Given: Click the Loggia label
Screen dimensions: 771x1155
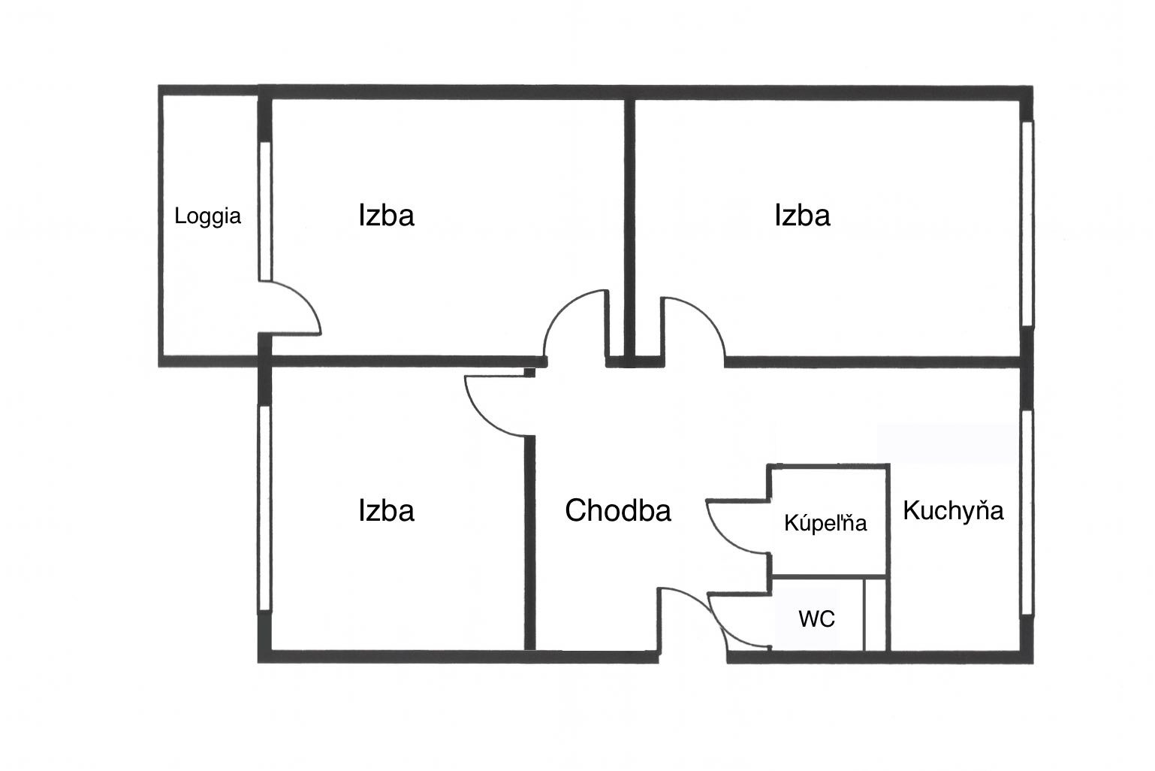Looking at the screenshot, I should pyautogui.click(x=207, y=217).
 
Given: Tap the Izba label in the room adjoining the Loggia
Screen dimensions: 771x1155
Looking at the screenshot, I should pyautogui.click(x=386, y=216).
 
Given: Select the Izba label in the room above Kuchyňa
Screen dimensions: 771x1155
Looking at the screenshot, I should pyautogui.click(x=802, y=216).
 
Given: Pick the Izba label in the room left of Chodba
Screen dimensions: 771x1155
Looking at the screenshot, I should pyautogui.click(x=386, y=511).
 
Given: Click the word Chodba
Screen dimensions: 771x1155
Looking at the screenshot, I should pyautogui.click(x=617, y=511).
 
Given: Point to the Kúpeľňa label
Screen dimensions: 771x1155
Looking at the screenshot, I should pyautogui.click(x=825, y=523).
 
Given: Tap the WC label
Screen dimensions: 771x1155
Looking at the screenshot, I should pyautogui.click(x=816, y=619).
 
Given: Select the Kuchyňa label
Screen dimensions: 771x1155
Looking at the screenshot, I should pyautogui.click(x=953, y=511).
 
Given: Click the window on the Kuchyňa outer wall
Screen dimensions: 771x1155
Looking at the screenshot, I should pyautogui.click(x=1027, y=512).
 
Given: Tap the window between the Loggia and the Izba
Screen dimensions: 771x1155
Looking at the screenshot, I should pyautogui.click(x=264, y=211).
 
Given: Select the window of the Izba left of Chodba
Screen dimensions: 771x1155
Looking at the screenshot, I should pyautogui.click(x=264, y=508).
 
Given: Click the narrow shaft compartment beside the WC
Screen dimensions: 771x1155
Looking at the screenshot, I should pyautogui.click(x=876, y=615).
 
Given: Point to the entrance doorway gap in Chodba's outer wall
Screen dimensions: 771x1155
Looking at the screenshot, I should pyautogui.click(x=692, y=657).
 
